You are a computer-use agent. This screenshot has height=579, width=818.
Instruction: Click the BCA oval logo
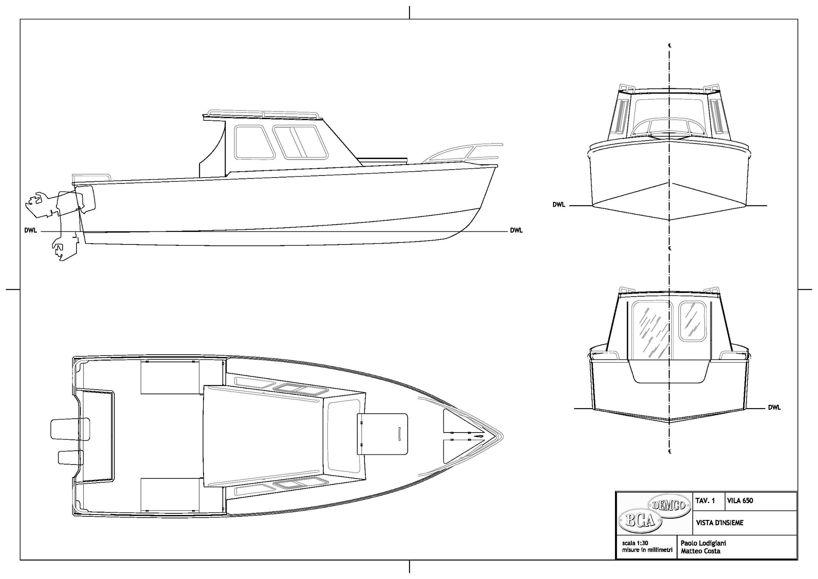pos(640,521)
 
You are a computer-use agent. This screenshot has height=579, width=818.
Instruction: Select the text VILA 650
pos(740,501)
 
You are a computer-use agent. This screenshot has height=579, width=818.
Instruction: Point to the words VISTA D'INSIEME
pos(720,523)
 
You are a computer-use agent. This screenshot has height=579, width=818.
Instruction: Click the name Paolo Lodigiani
pos(703,543)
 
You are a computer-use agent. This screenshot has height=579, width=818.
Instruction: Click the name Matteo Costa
pos(700,551)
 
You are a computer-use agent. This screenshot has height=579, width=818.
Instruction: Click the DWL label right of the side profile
pos(516,230)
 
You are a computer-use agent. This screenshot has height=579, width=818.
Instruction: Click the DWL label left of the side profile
pos(31,231)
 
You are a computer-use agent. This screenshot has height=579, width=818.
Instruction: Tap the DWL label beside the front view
pos(559,205)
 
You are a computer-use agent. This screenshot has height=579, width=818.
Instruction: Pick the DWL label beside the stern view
pos(774,407)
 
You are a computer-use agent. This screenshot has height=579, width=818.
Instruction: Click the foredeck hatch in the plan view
pos(383,434)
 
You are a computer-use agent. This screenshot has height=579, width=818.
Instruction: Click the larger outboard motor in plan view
pos(70,429)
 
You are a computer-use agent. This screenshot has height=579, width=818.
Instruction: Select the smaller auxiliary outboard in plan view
pos(71,457)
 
